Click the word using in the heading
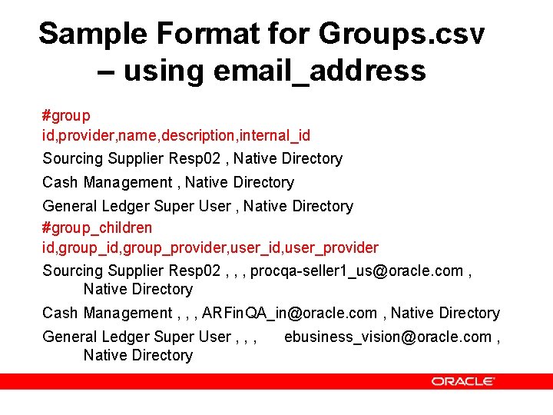pyautogui.click(x=162, y=71)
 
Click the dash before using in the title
pyautogui.click(x=107, y=71)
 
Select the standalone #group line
pyautogui.click(x=66, y=116)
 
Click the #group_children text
pyautogui.click(x=97, y=227)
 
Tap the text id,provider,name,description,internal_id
pyautogui.click(x=176, y=135)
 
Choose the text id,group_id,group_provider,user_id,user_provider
pyautogui.click(x=210, y=247)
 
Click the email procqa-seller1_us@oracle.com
pyautogui.click(x=357, y=271)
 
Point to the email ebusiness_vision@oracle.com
pyautogui.click(x=387, y=337)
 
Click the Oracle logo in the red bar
pyautogui.click(x=462, y=381)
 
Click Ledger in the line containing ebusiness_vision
pyautogui.click(x=127, y=337)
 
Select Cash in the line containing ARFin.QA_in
pyautogui.click(x=60, y=313)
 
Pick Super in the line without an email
pyautogui.click(x=176, y=206)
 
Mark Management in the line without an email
pyautogui.click(x=127, y=182)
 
